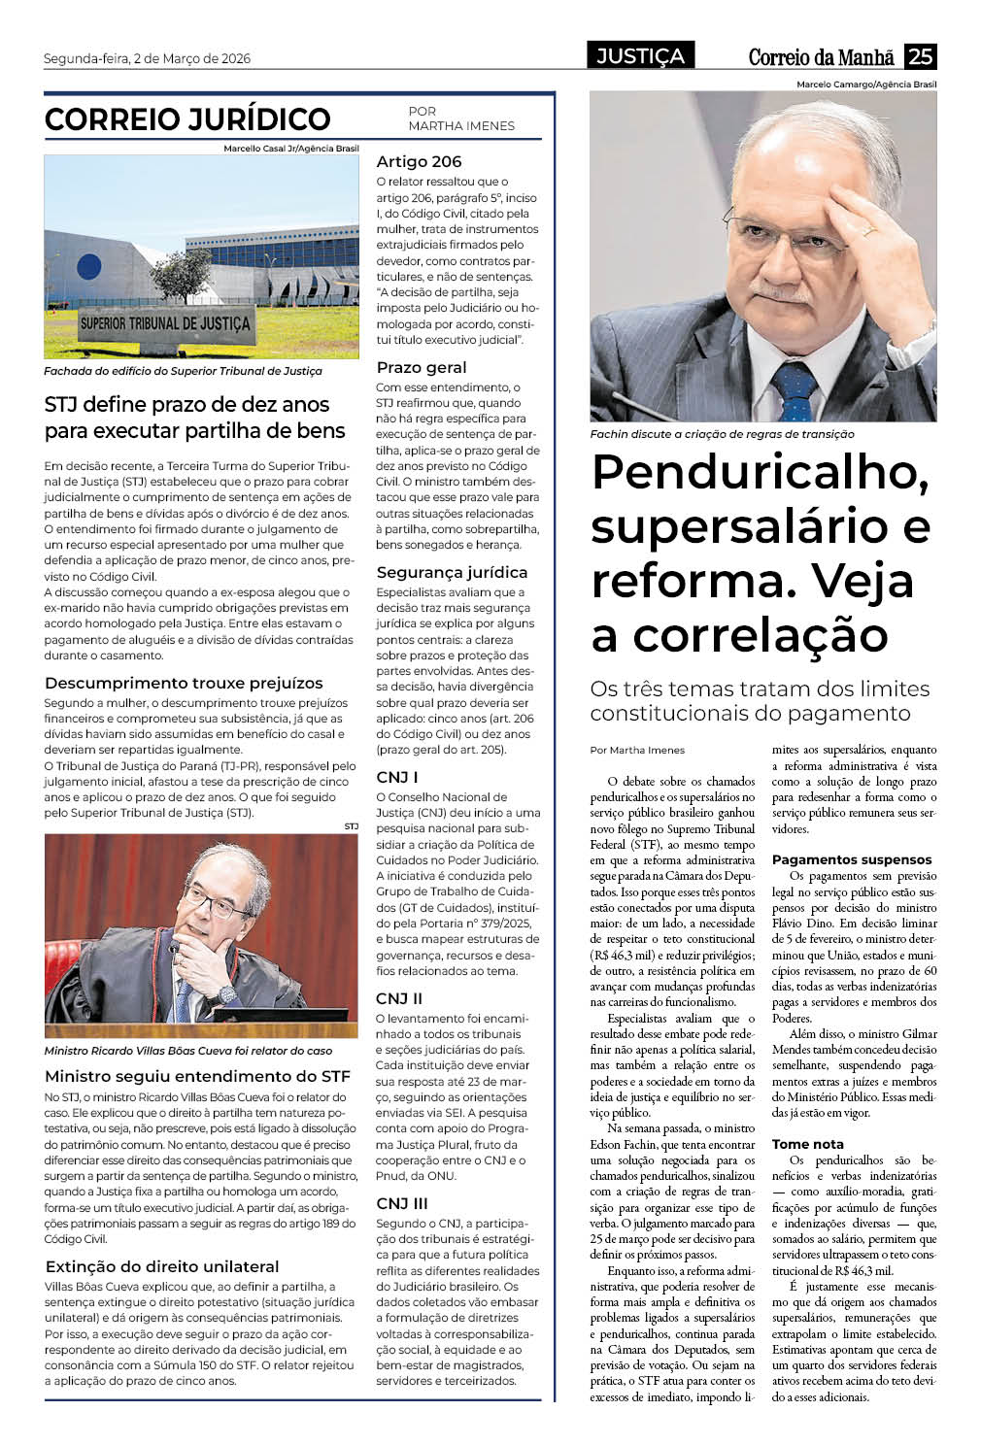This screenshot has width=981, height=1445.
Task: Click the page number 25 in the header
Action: tap(920, 56)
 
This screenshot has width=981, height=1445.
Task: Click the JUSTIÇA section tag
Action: tap(640, 56)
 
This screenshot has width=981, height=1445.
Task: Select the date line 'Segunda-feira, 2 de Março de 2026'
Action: tap(147, 58)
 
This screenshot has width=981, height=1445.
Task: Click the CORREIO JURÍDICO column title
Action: tap(187, 119)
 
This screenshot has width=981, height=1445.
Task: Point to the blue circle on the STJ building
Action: tap(89, 266)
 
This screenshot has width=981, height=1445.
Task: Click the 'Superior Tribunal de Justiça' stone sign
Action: tap(165, 323)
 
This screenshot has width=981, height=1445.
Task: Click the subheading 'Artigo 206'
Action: tap(419, 162)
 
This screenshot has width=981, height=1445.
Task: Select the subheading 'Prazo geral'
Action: tap(422, 367)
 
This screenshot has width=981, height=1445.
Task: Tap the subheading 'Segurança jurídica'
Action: tap(452, 572)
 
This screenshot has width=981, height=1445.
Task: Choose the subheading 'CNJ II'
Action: tap(399, 998)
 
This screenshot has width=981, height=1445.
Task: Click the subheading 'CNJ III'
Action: tap(402, 1203)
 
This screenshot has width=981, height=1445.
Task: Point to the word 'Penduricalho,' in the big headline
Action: tap(760, 472)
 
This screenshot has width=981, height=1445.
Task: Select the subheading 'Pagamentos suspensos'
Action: tap(851, 859)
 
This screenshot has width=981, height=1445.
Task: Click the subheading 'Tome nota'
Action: tap(807, 1144)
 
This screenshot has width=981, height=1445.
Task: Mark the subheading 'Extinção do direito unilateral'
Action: tap(162, 1266)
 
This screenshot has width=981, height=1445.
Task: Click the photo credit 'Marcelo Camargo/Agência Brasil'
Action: tap(866, 84)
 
